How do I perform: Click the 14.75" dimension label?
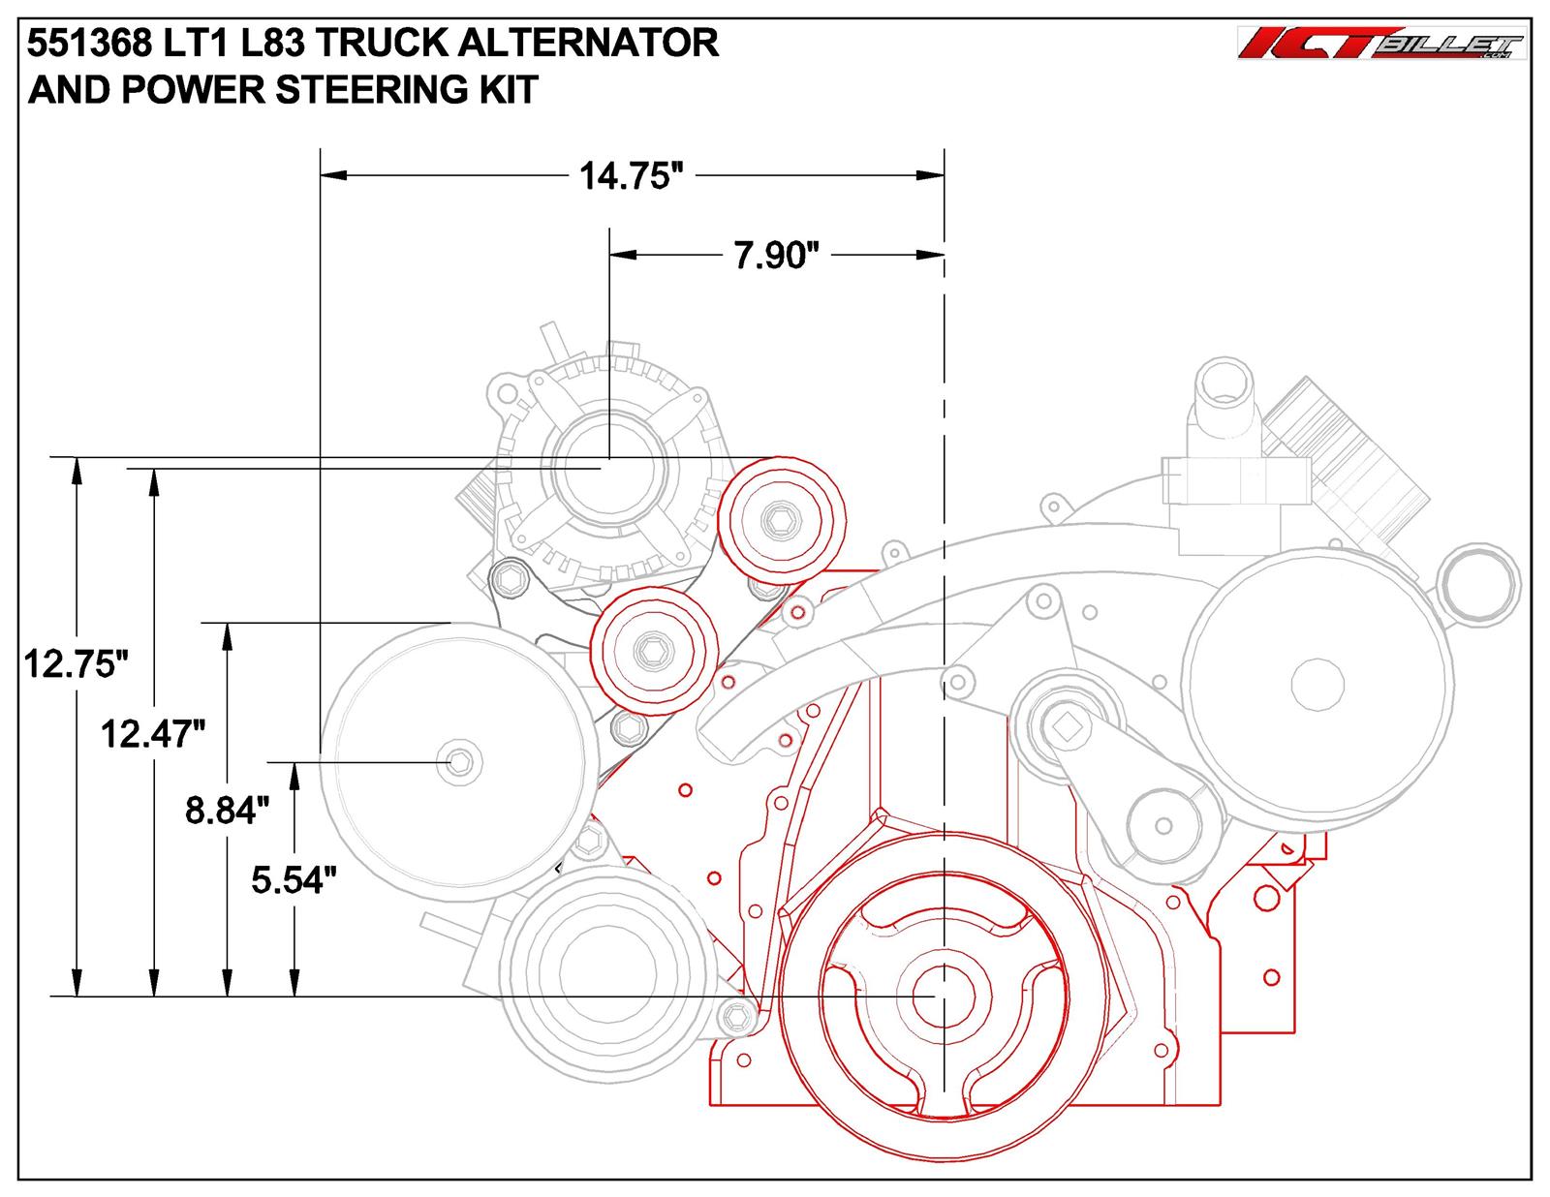pos(625,177)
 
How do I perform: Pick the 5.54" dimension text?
pos(294,879)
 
